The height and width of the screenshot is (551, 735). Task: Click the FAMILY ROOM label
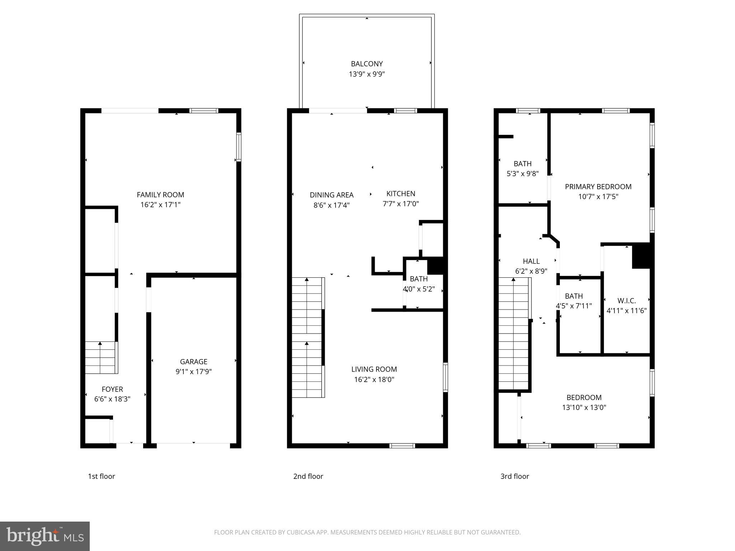coord(160,195)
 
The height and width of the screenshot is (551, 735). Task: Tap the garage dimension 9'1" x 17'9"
coord(193,372)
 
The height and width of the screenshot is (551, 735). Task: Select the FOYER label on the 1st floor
coord(112,389)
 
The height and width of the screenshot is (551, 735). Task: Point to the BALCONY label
coord(367,64)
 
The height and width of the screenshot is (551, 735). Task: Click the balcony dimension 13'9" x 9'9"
coord(367,74)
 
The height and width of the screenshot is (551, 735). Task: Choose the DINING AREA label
coord(332,195)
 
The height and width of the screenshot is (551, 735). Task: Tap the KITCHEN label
coord(401,194)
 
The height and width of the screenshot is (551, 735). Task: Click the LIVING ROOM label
coord(374,369)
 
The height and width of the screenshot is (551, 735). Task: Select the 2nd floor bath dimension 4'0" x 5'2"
coord(418,289)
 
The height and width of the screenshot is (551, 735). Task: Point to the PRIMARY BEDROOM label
coord(598,187)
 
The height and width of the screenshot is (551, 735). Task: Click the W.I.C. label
coord(626,301)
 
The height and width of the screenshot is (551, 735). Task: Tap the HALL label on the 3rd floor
coord(531,261)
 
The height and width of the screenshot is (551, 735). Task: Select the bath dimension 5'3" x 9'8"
coord(522,174)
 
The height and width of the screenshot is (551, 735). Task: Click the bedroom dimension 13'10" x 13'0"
coord(584,408)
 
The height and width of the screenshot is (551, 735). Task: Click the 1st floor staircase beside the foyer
coord(101,358)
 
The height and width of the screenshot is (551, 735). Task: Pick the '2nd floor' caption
coord(308,476)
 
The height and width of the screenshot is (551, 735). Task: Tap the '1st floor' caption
coord(101,476)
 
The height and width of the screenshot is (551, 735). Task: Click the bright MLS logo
coord(45,536)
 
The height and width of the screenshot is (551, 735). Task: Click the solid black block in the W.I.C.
coord(641,255)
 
